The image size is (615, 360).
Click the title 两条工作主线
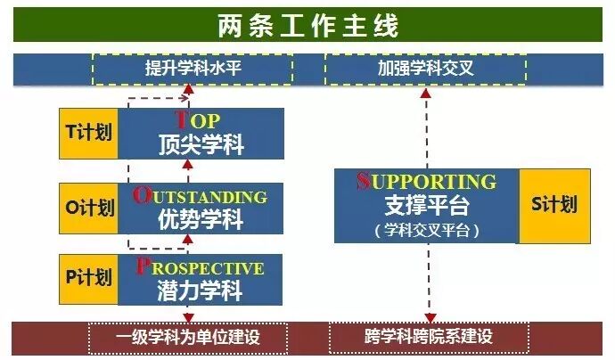click(x=307, y=25)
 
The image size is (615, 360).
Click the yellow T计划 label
click(x=88, y=134)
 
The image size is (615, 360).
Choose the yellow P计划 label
click(x=88, y=278)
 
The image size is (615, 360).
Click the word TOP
click(x=198, y=121)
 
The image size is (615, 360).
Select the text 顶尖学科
click(x=201, y=143)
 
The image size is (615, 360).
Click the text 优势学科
click(x=201, y=217)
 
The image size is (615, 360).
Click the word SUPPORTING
click(x=426, y=181)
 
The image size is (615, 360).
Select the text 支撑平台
click(x=426, y=206)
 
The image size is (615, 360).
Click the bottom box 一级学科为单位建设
click(x=189, y=338)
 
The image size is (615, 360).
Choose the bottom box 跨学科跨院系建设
click(x=428, y=338)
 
